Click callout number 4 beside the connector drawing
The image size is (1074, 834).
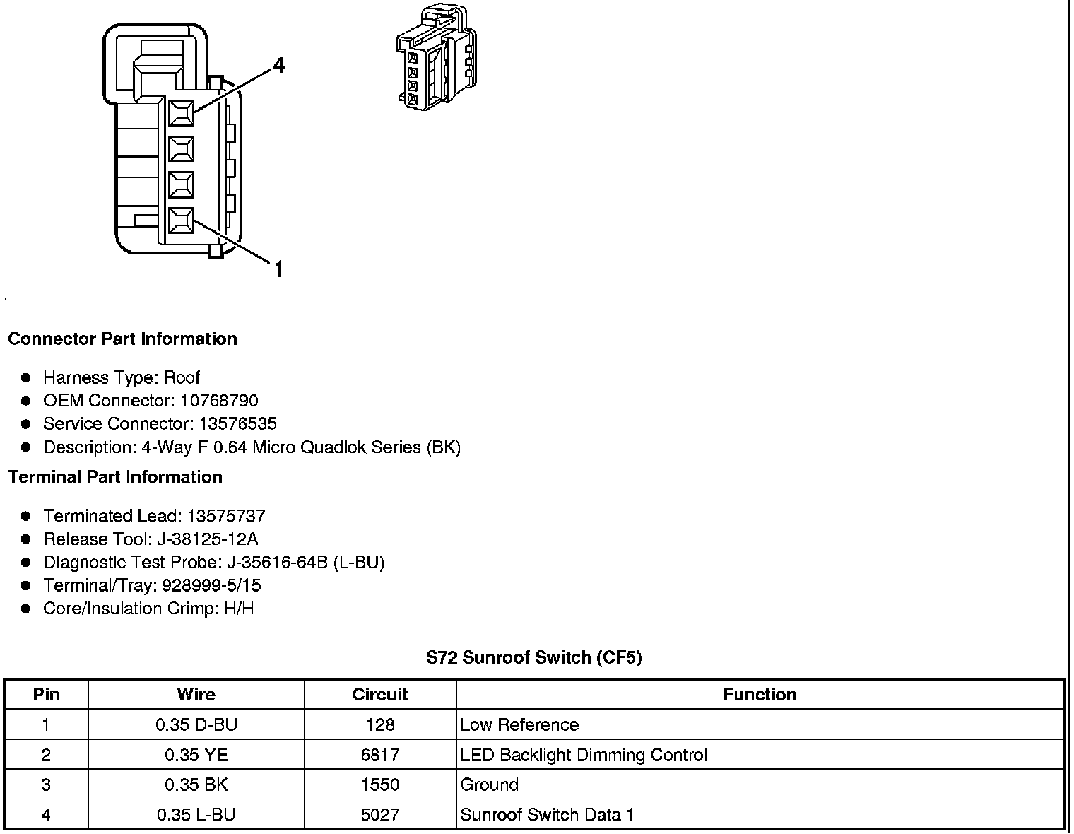click(x=278, y=66)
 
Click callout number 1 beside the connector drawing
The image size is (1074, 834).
click(x=278, y=269)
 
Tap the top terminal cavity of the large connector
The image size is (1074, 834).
click(x=182, y=112)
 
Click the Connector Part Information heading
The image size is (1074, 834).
click(x=122, y=339)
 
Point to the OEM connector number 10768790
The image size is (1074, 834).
click(x=219, y=401)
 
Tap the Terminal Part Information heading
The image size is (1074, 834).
click(x=115, y=477)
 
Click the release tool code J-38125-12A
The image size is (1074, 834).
click(x=208, y=539)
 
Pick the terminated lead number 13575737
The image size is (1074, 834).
click(x=226, y=516)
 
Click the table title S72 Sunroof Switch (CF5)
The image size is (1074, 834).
click(x=533, y=658)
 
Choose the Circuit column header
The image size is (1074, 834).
click(x=380, y=695)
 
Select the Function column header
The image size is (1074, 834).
click(x=760, y=695)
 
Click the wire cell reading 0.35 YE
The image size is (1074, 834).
click(x=196, y=755)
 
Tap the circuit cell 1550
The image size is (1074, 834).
click(x=380, y=785)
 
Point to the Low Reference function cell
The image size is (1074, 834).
click(x=519, y=725)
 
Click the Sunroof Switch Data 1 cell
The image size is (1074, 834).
click(x=547, y=815)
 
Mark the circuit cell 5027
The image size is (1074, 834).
click(x=380, y=815)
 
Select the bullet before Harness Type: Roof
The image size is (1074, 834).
click(x=27, y=378)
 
